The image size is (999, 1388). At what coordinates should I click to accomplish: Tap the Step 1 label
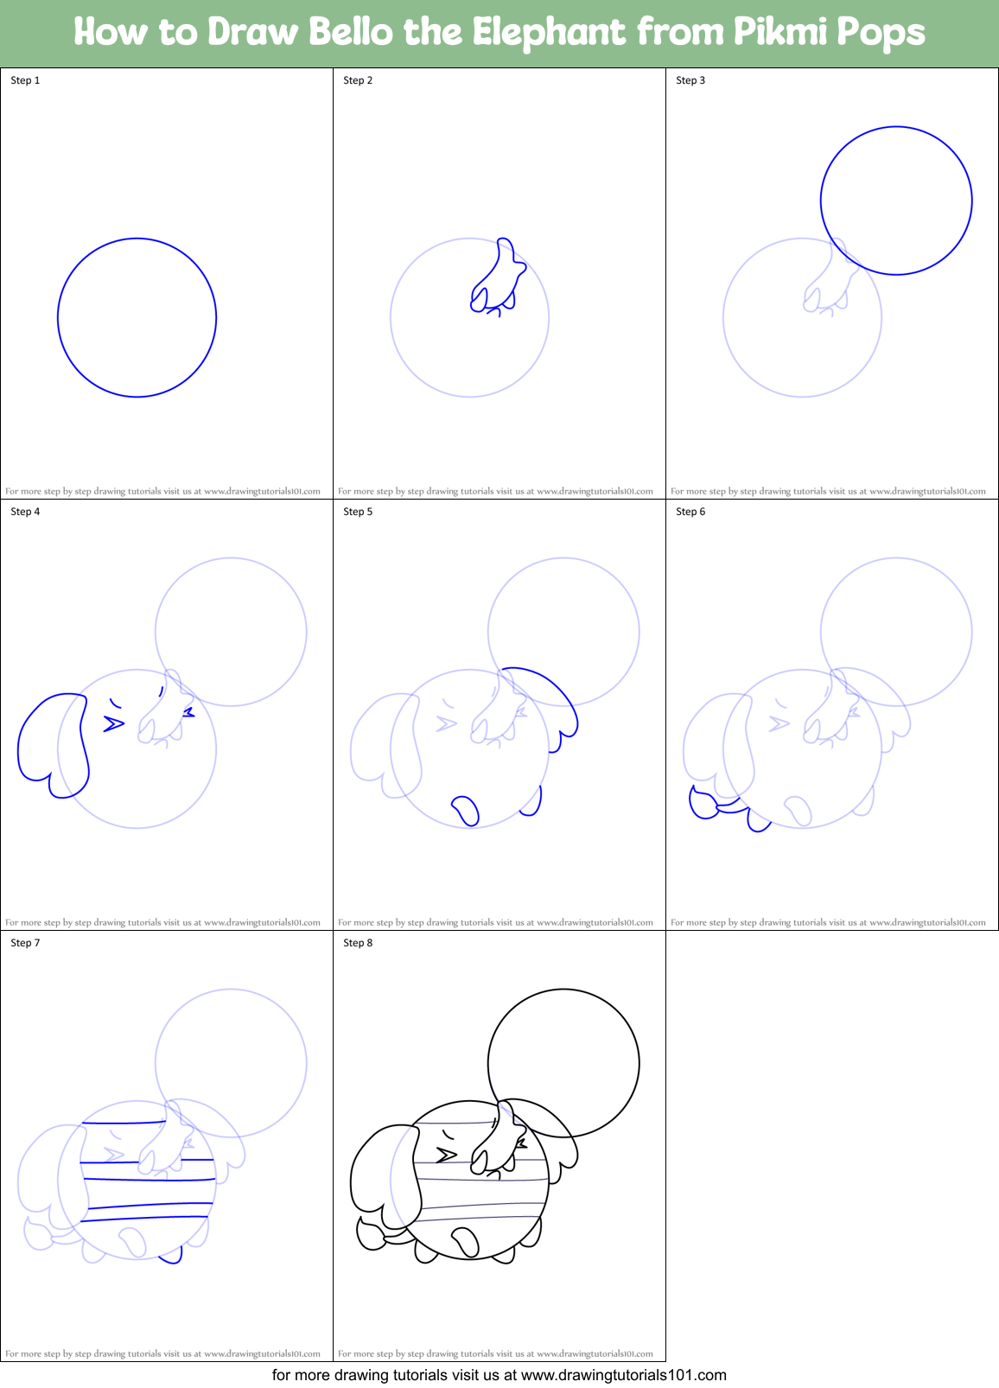point(25,80)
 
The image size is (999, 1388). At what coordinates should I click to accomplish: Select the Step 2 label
point(358,80)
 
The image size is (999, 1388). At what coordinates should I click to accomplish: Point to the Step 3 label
point(690,80)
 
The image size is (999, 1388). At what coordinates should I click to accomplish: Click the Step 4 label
point(25,512)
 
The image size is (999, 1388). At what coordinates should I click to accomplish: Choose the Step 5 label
point(358,512)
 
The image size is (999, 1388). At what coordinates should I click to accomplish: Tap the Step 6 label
point(690,512)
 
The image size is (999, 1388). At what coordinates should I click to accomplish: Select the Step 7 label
point(25,943)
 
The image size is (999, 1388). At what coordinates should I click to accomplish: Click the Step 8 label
point(358,943)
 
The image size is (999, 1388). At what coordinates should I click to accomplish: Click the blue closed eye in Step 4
point(113,723)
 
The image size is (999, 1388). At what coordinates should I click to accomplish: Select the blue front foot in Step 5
point(466,810)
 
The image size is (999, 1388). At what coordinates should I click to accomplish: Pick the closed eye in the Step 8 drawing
point(446,1155)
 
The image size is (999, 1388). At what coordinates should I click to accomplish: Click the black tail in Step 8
point(372,1234)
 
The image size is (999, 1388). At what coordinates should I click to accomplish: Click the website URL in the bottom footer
point(624,1374)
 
